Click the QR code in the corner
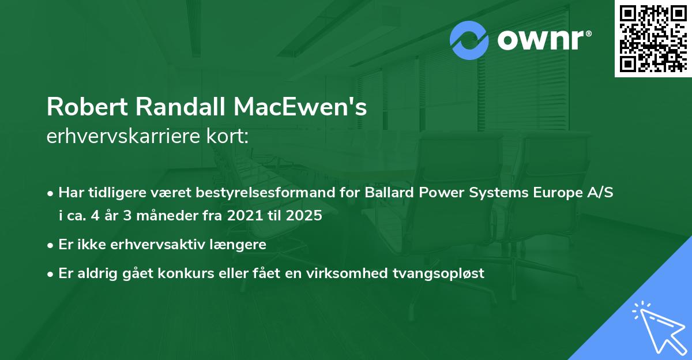point(653,39)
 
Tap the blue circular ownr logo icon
point(470,40)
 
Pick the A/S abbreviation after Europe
point(599,193)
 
